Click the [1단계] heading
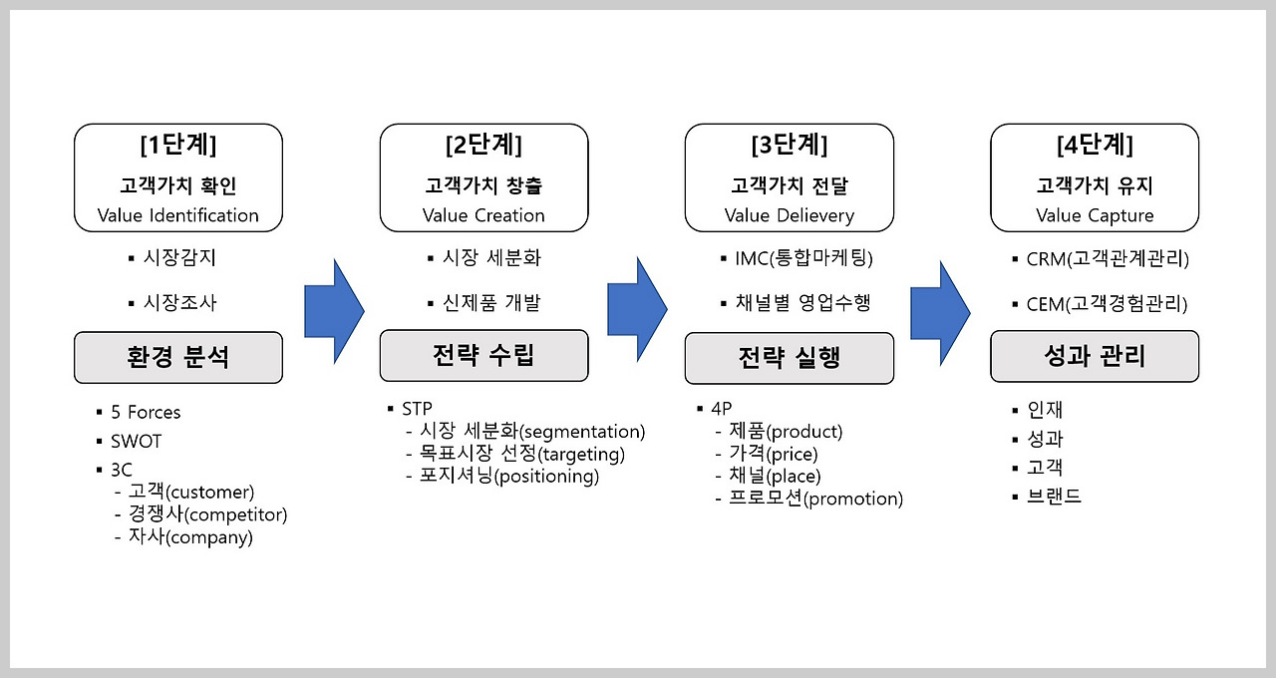(x=177, y=145)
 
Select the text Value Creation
(x=483, y=215)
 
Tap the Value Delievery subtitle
(x=789, y=215)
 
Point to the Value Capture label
(x=1095, y=215)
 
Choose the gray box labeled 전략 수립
(x=483, y=356)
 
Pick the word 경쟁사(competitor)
(x=207, y=514)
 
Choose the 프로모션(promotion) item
(x=815, y=499)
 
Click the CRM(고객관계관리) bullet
(x=1107, y=259)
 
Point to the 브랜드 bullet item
(x=1054, y=496)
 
